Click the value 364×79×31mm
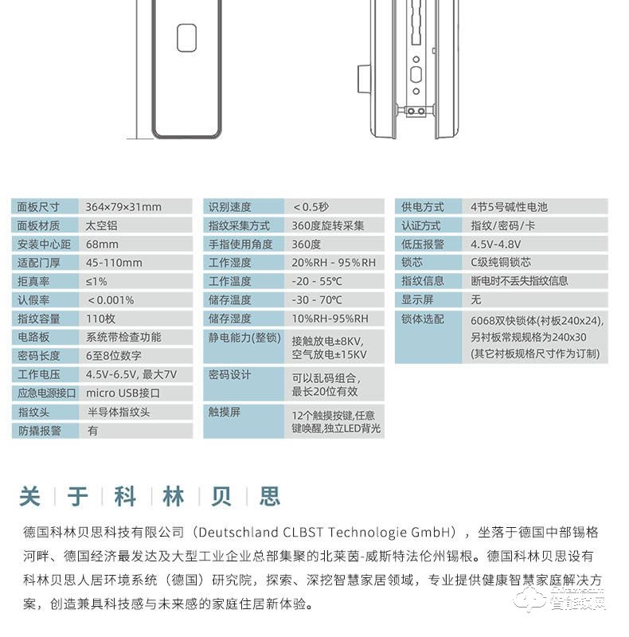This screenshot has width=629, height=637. tap(123, 207)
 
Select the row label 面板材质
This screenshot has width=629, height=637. tap(38, 225)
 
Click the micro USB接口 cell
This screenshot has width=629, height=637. tap(123, 393)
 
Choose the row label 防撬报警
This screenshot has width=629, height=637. tap(38, 431)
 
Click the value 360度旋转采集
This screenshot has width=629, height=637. tap(328, 225)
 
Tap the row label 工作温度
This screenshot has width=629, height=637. tap(230, 282)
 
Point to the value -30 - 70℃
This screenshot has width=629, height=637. tap(318, 300)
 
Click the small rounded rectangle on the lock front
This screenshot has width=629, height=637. tap(187, 38)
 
